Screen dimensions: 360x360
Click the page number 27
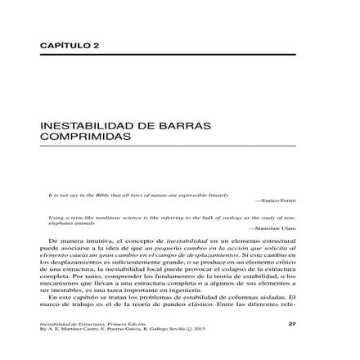click(291, 323)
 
